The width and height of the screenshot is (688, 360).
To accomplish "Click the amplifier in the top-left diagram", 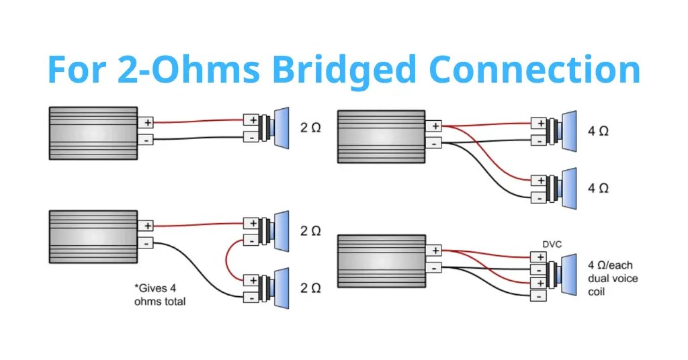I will pos(93,132).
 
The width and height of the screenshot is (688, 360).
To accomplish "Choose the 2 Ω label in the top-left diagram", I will pos(310,128).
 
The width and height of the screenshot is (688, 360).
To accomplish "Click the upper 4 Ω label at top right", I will pos(598,132).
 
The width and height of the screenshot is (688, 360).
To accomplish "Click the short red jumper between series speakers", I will pos(228,260).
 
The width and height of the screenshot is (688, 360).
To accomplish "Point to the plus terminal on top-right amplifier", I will pos(435,126).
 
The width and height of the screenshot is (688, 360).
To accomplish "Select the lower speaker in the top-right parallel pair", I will pos(563,187).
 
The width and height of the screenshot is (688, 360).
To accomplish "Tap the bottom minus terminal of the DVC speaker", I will pos(537,296).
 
